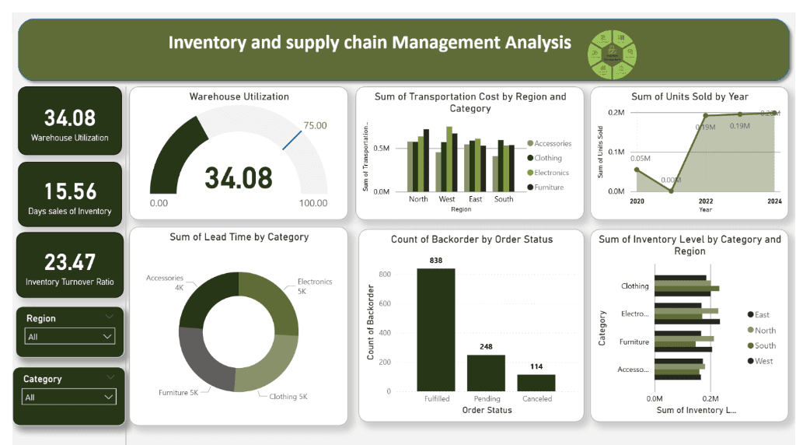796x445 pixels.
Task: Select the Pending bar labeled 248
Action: (x=486, y=373)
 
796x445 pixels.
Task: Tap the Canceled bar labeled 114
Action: (x=536, y=382)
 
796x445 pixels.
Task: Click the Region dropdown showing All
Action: (x=70, y=337)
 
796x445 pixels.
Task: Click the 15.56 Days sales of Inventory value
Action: (x=70, y=191)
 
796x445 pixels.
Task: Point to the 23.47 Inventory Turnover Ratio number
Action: (x=70, y=261)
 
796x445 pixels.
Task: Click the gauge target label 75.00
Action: (x=315, y=125)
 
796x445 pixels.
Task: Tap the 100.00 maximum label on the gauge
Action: (x=313, y=203)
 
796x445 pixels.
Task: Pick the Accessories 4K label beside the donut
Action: (x=164, y=282)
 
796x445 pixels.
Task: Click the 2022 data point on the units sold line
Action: (x=705, y=116)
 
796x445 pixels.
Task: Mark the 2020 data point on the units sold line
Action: (x=637, y=170)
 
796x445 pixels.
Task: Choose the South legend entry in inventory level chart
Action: (x=764, y=345)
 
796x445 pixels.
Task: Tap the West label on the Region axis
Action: (x=447, y=199)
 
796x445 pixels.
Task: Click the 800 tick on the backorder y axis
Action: (x=383, y=274)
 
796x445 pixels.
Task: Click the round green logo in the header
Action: (x=613, y=55)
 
